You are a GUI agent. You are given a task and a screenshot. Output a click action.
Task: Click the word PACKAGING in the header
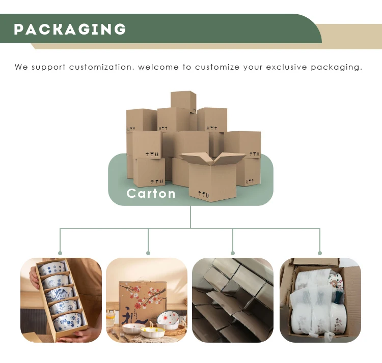pyautogui.click(x=70, y=29)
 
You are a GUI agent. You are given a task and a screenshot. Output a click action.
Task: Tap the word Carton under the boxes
pyautogui.click(x=151, y=193)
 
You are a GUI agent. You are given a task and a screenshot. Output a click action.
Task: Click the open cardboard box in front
pyautogui.click(x=211, y=175)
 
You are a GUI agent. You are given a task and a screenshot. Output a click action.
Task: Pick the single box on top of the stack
pyautogui.click(x=183, y=101)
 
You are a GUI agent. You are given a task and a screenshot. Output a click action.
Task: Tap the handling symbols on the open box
pyautogui.click(x=202, y=193)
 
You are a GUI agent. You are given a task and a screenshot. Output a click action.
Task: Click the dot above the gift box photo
pyautogui.click(x=148, y=253)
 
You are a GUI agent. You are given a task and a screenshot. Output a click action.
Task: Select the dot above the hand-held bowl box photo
pyautogui.click(x=60, y=253)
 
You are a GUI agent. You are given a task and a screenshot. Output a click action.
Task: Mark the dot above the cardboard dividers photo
pyautogui.click(x=233, y=253)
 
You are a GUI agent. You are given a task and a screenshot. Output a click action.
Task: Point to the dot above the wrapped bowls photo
pyautogui.click(x=320, y=253)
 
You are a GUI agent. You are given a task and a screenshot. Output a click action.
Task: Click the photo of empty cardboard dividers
pyautogui.click(x=232, y=300)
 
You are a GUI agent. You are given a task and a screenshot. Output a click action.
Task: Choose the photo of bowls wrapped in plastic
pyautogui.click(x=320, y=300)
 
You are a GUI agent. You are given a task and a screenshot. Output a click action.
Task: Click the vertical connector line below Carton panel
pyautogui.click(x=190, y=217)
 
